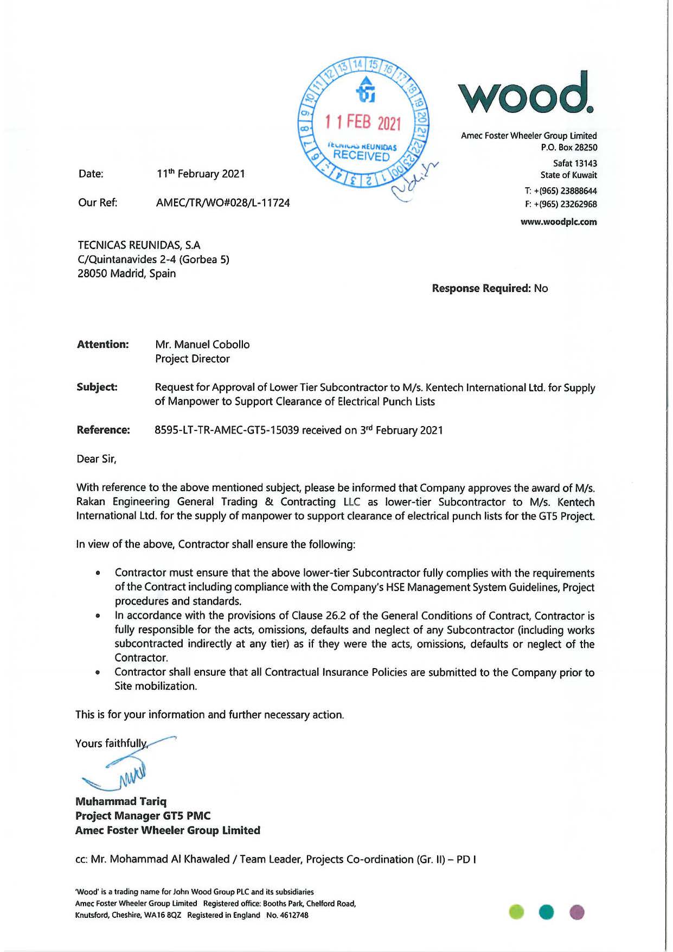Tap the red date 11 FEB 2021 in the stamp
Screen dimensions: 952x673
[362, 122]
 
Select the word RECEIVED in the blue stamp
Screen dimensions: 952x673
[361, 156]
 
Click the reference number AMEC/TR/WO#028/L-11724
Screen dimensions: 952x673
[223, 203]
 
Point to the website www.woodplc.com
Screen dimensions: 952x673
[559, 222]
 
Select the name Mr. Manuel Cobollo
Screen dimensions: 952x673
[202, 345]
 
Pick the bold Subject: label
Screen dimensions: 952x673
[97, 388]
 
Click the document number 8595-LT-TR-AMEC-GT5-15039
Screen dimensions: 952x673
[227, 430]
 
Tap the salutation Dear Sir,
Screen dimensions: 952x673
[97, 459]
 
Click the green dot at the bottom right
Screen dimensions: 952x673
[517, 912]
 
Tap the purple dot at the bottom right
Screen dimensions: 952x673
[578, 912]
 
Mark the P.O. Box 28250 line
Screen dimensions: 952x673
[569, 148]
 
